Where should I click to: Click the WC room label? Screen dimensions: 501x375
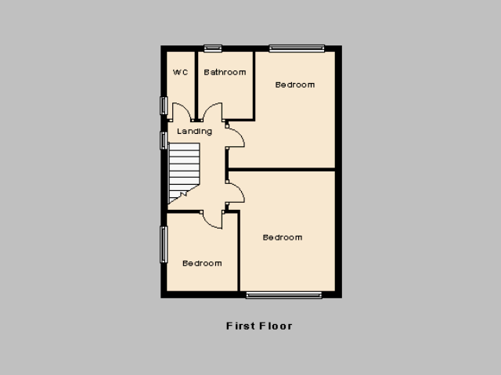click(x=180, y=73)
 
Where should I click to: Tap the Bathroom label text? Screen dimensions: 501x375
click(x=225, y=73)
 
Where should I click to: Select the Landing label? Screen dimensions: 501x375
click(x=194, y=132)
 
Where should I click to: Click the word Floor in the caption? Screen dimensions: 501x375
click(x=276, y=326)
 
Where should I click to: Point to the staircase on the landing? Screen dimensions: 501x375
click(x=184, y=172)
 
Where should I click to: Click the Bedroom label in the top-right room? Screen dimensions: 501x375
click(x=295, y=85)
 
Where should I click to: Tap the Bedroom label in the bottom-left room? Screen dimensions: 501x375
click(x=202, y=264)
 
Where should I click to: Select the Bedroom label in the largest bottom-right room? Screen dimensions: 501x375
click(x=283, y=238)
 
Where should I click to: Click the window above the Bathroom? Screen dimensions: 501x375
click(x=213, y=49)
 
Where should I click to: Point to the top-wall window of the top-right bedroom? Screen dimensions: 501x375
click(x=297, y=49)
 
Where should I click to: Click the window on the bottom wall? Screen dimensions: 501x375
click(x=284, y=295)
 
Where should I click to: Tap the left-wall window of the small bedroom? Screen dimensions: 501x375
click(x=164, y=245)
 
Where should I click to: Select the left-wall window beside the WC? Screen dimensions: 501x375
click(x=164, y=106)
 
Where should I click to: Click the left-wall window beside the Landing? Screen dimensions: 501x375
click(x=164, y=141)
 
